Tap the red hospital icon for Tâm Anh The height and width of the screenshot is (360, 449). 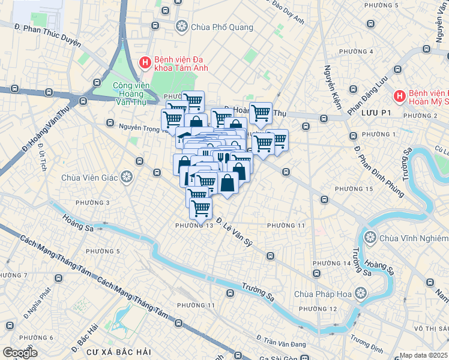coord(145,62)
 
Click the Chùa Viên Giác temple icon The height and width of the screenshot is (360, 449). coord(126,177)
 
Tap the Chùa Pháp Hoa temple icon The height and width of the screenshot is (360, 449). coord(360,293)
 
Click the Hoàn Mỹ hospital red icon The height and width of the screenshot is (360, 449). coord(399,96)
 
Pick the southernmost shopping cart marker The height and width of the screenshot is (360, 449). coord(200,208)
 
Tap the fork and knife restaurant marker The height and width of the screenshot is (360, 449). coord(223,158)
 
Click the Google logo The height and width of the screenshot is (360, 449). coord(20,352)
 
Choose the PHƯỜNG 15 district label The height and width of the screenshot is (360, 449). coord(354,189)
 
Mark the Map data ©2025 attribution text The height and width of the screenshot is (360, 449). coord(423,355)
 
